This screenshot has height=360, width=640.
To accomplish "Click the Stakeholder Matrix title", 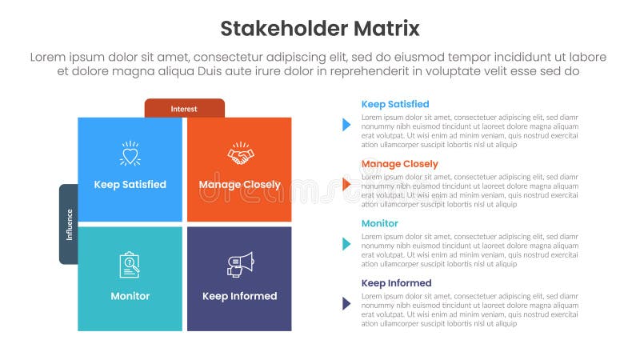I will tap(319, 30).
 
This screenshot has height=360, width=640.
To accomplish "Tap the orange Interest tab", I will tap(184, 108).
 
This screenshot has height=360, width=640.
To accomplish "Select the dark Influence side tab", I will tap(69, 224).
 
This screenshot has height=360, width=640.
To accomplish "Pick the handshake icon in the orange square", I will tap(239, 153).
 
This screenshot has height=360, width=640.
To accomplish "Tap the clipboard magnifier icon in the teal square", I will tap(130, 265).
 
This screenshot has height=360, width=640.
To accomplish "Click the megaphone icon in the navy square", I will tap(239, 264).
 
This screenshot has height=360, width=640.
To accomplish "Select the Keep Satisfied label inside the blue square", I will tap(130, 185).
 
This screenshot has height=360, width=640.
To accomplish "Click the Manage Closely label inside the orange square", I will tap(239, 185).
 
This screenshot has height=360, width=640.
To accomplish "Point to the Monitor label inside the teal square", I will tap(130, 296).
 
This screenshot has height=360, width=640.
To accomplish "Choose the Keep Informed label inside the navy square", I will tap(239, 296).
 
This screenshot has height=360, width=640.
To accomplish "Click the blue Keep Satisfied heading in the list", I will tap(395, 104).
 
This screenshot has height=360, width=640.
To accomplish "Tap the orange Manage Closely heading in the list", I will tap(399, 164).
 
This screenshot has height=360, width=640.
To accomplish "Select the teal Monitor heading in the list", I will tap(379, 223).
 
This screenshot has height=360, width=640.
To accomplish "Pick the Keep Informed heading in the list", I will tap(396, 283).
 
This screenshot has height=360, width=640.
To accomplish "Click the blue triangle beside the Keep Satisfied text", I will tap(346, 125).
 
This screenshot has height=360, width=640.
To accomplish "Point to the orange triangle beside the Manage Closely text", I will tap(346, 185).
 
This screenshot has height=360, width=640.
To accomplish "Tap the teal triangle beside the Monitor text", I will tap(346, 244).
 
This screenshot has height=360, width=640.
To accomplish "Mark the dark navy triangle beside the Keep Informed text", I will tap(346, 303).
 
